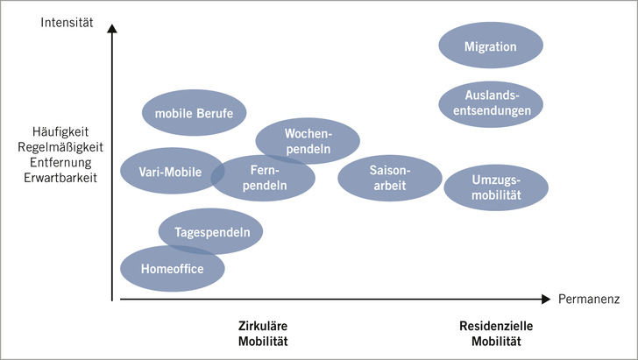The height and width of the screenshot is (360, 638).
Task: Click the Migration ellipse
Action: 490,46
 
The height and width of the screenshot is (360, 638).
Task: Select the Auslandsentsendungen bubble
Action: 490,103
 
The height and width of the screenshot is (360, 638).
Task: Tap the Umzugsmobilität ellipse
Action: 495,186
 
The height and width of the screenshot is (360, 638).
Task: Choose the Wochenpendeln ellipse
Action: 307,141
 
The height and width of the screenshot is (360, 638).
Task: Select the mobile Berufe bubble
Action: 195,112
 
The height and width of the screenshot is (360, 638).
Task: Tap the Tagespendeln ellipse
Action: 210,232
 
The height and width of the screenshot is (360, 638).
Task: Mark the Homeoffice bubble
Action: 171,268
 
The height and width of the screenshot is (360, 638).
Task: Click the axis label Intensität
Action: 67,20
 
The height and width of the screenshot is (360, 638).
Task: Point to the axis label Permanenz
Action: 589,300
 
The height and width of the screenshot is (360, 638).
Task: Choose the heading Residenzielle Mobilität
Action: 496,333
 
